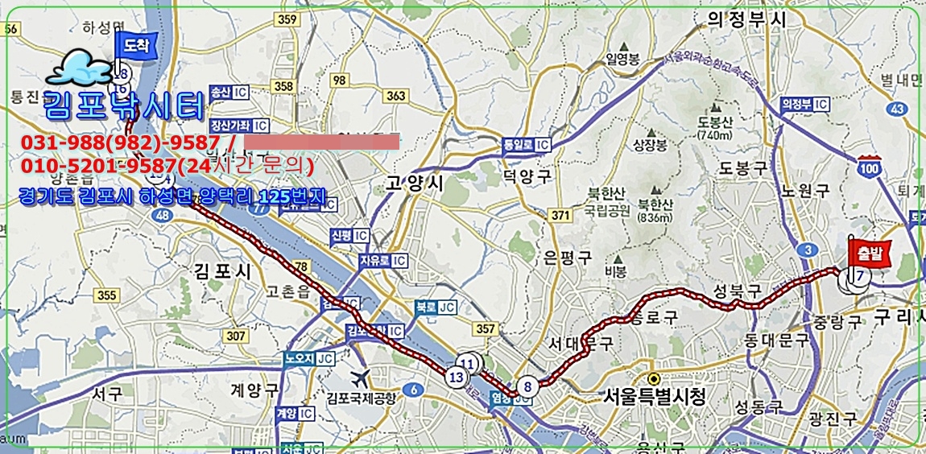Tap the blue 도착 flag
click(x=129, y=47)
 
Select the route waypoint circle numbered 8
click(x=527, y=386)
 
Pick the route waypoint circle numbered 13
click(x=457, y=376)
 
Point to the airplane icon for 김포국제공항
click(x=360, y=377)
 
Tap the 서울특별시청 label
click(x=655, y=396)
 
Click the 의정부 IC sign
click(x=804, y=104)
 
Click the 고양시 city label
click(x=415, y=184)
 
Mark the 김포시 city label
click(x=222, y=271)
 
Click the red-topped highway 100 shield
click(x=869, y=167)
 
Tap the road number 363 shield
click(x=395, y=96)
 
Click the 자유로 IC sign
click(x=382, y=261)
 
